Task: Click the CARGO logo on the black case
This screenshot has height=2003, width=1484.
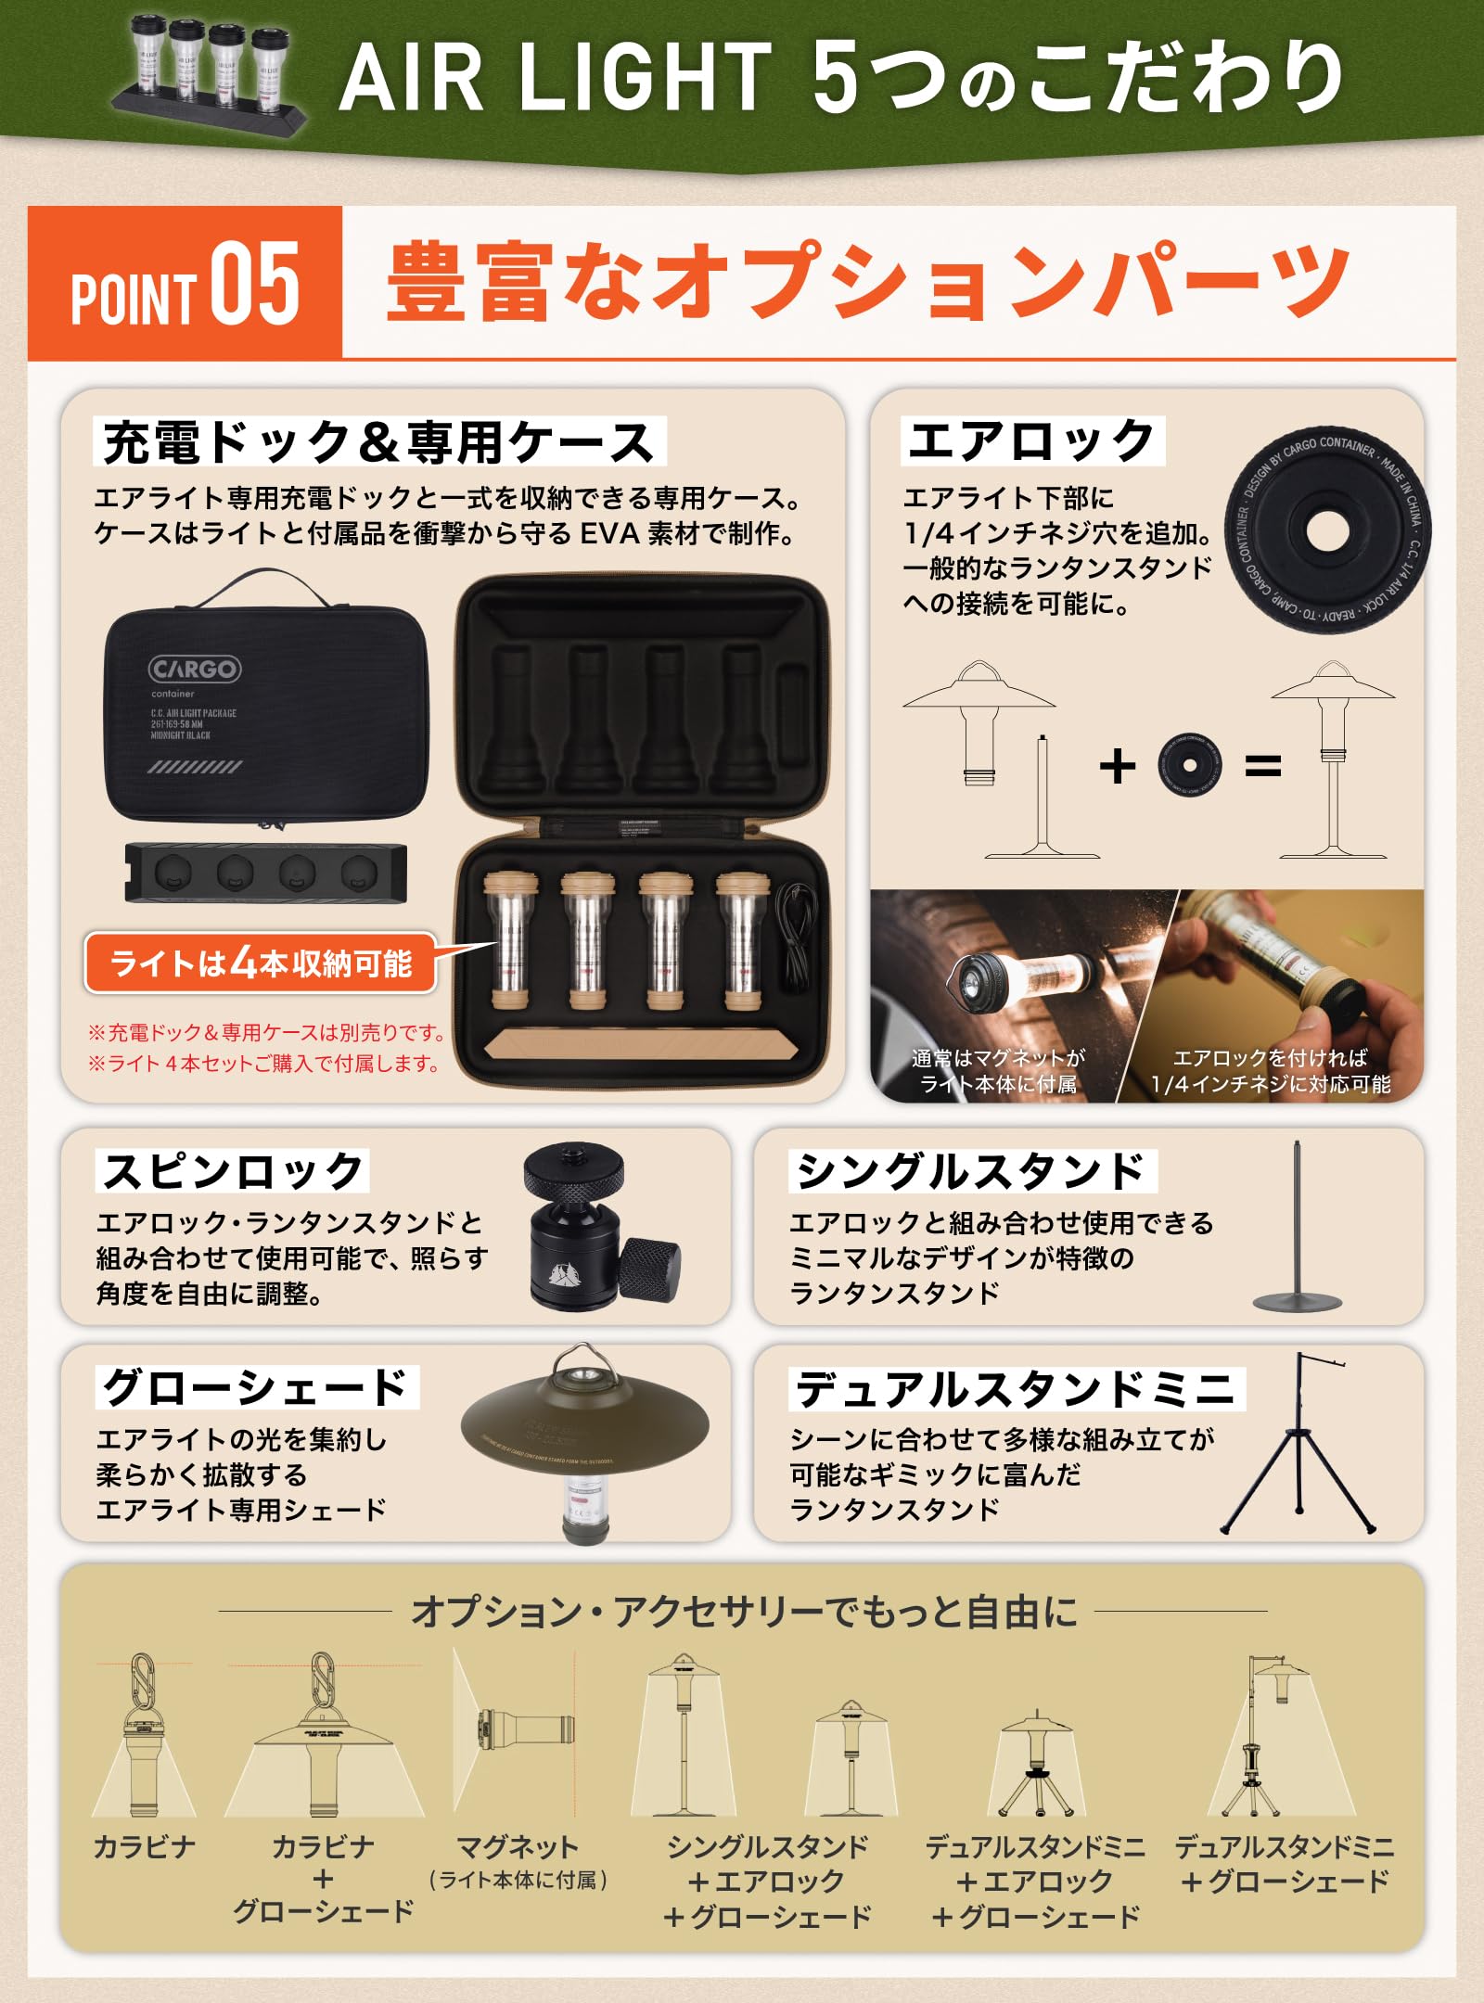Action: [195, 669]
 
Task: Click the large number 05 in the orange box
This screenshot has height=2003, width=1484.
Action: [254, 284]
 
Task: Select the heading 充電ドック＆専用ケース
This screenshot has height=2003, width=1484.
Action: [379, 442]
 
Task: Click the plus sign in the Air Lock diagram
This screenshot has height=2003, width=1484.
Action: [1117, 766]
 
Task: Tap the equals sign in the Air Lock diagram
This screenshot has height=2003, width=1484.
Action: [1262, 766]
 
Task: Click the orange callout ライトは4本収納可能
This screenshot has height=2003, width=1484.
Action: [261, 963]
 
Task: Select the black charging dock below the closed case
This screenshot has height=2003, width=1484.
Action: [266, 873]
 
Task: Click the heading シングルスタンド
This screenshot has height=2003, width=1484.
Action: [972, 1171]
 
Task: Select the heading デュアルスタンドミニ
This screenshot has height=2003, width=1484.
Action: [1016, 1389]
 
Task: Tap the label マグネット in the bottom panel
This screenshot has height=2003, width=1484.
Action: [517, 1846]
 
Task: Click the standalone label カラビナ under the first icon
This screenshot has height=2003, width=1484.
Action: [145, 1846]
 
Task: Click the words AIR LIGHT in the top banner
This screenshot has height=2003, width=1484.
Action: [555, 78]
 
